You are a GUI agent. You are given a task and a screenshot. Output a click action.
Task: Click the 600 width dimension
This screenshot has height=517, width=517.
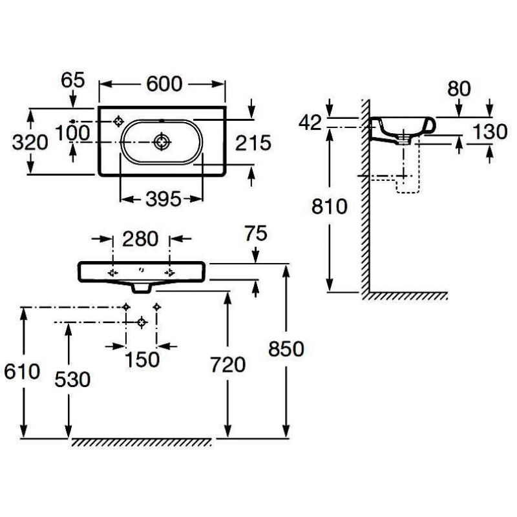click(162, 84)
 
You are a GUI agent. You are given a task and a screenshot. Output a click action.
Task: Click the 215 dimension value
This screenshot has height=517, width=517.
click(252, 143)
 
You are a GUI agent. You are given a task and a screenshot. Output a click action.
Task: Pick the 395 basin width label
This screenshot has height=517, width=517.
click(162, 200)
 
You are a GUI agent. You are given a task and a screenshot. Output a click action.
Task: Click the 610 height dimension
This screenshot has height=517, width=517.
click(23, 372)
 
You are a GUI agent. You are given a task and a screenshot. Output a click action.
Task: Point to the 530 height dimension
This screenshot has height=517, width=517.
click(72, 379)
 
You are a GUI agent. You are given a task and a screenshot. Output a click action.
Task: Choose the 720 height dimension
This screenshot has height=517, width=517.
click(227, 365)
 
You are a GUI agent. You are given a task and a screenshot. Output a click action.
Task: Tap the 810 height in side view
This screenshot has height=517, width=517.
click(330, 207)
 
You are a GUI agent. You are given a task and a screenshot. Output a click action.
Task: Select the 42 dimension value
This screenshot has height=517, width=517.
click(310, 123)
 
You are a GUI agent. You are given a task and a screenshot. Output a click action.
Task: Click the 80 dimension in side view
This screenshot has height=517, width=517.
click(459, 89)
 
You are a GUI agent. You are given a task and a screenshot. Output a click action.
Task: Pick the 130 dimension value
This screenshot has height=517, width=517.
click(490, 131)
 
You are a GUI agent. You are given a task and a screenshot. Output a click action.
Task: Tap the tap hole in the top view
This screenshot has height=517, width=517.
click(119, 121)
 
